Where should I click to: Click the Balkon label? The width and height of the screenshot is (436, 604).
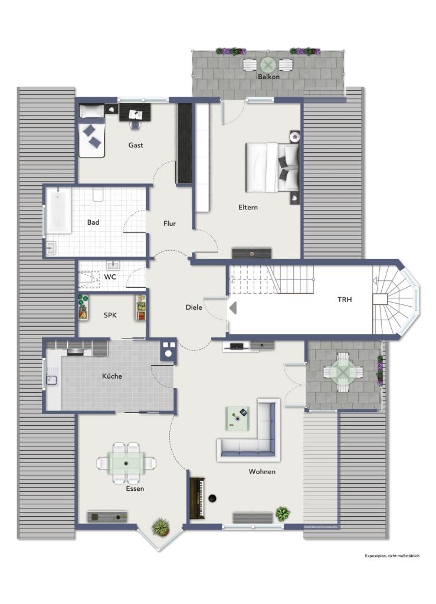[268, 77]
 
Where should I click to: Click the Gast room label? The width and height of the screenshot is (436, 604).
[136, 145]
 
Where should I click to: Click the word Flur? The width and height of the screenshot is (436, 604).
[169, 224]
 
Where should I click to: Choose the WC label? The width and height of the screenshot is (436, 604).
[110, 277]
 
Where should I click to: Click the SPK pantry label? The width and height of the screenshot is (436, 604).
[110, 315]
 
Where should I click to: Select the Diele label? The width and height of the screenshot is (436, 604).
[194, 307]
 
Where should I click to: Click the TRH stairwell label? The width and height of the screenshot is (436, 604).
[344, 299]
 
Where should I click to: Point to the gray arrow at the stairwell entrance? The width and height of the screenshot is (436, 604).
[232, 307]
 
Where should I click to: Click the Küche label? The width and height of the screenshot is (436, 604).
[112, 376]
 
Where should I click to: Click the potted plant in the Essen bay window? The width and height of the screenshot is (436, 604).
[160, 527]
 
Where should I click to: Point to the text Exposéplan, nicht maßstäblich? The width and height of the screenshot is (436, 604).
[391, 556]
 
